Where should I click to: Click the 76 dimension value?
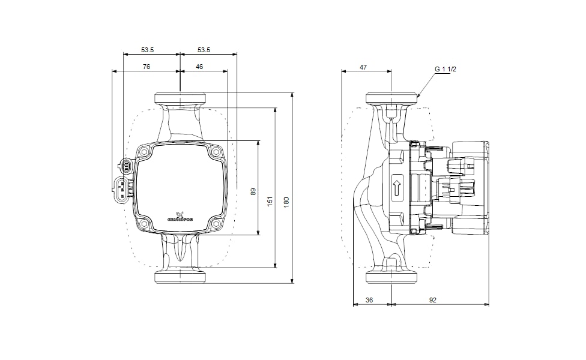(x=146, y=67)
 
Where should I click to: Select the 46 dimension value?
(x=199, y=67)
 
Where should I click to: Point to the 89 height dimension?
(x=253, y=191)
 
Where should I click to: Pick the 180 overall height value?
(x=287, y=203)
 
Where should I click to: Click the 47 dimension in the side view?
(x=363, y=67)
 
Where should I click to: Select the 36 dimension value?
(x=369, y=299)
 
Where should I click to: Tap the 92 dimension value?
(x=433, y=299)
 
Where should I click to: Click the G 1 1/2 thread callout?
(x=446, y=70)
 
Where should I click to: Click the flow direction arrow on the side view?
(x=397, y=187)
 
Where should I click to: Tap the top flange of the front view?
(x=180, y=98)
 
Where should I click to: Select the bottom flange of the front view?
(x=180, y=277)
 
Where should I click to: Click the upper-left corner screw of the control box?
(x=145, y=154)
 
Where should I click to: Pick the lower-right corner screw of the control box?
(x=216, y=225)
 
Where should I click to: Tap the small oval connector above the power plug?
(x=127, y=165)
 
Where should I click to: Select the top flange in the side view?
(x=391, y=97)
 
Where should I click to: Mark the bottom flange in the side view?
(x=391, y=277)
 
